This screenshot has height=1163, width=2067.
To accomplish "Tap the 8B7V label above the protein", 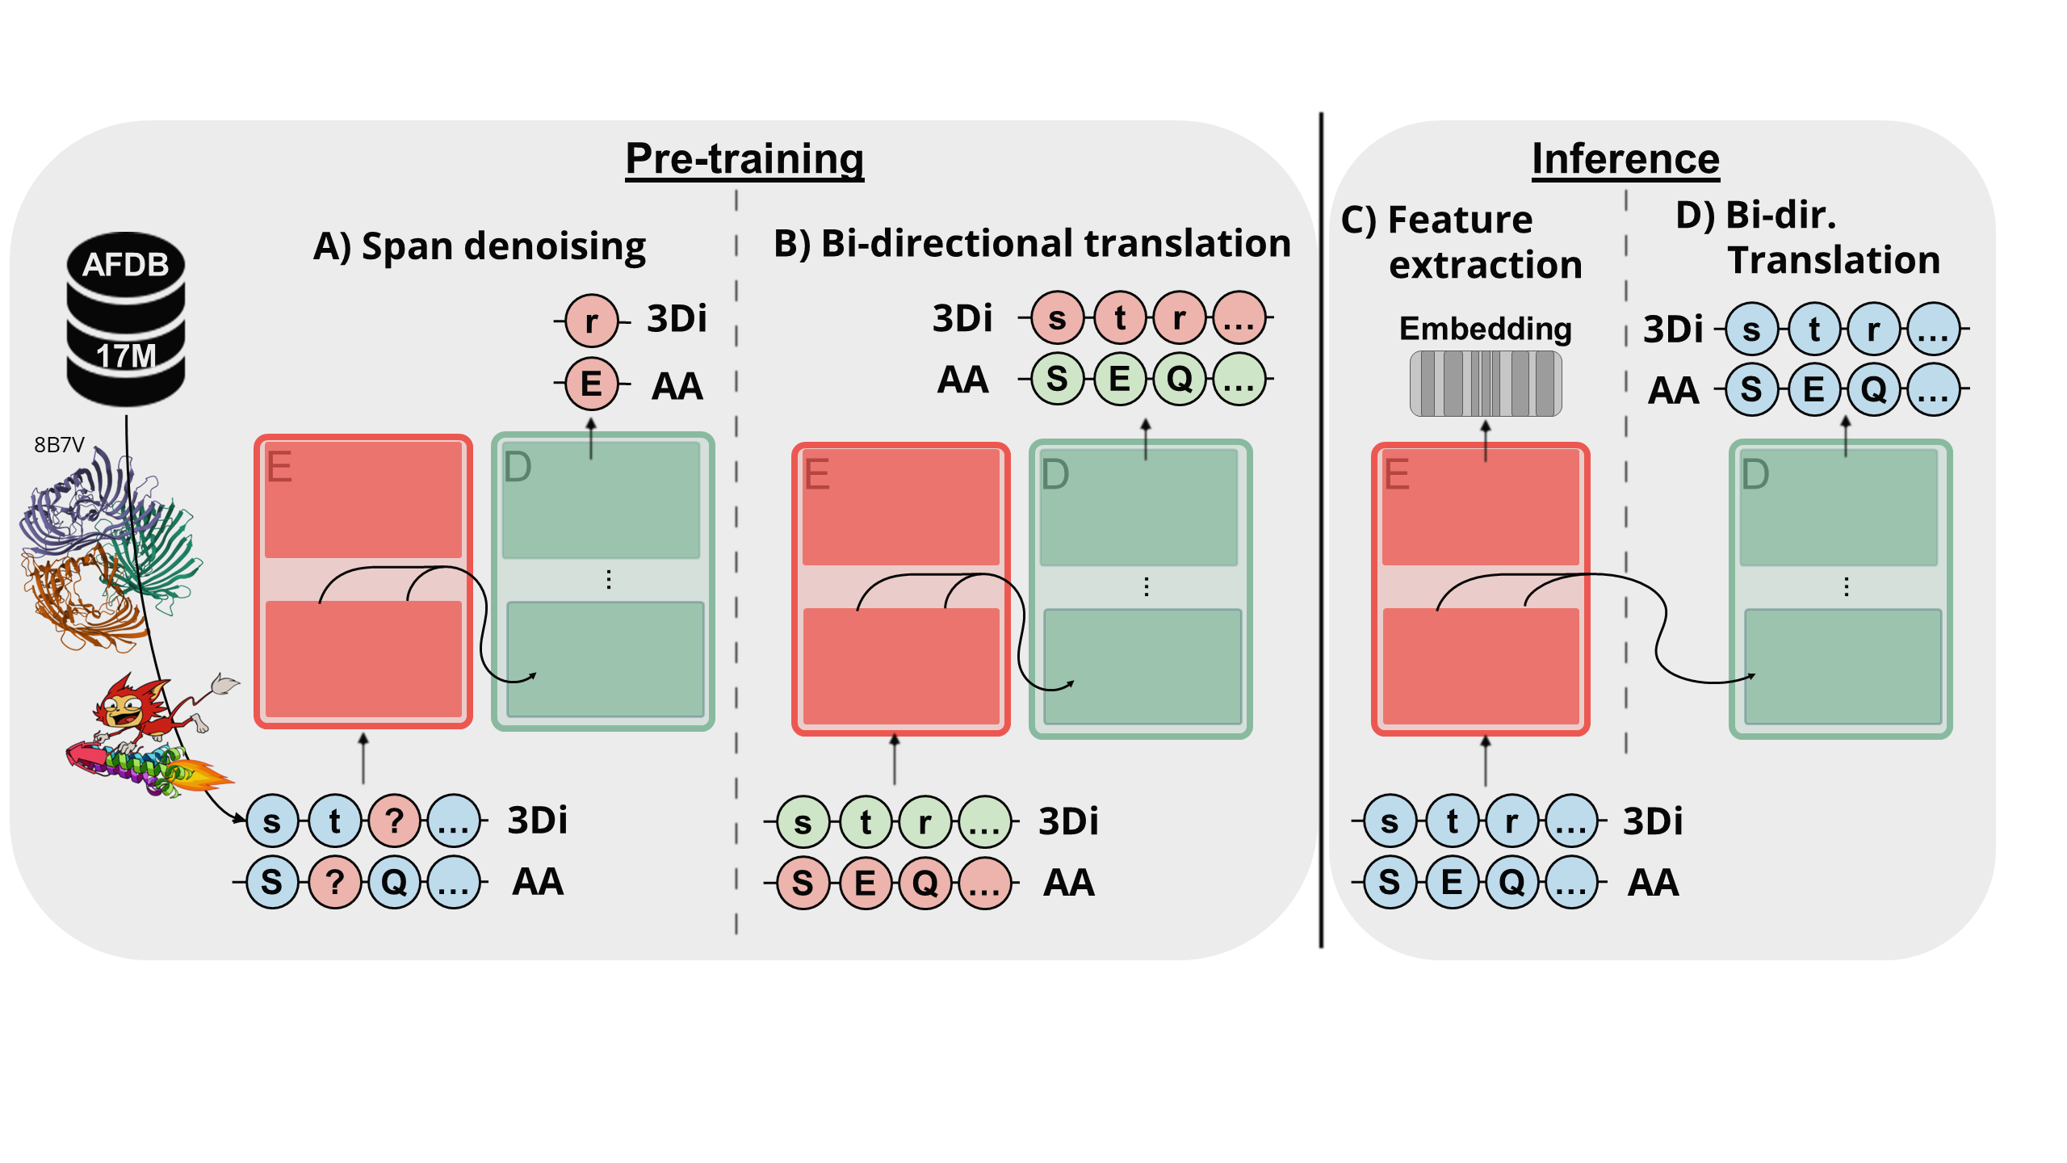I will [x=59, y=445].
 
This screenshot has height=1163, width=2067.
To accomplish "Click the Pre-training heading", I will [x=744, y=158].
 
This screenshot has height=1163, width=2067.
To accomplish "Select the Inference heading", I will [x=1625, y=158].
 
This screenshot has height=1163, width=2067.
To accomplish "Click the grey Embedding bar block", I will [x=1485, y=384].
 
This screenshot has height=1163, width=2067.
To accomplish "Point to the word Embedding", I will [x=1485, y=329].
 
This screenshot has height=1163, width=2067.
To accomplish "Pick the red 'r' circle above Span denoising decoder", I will [x=591, y=321].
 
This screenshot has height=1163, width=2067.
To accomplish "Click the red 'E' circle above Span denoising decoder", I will [x=591, y=384].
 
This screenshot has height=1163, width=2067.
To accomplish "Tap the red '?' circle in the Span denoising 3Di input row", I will [x=394, y=821].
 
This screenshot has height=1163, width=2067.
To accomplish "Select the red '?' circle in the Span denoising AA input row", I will [x=334, y=882].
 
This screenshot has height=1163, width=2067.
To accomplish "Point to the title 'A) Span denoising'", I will [x=480, y=246].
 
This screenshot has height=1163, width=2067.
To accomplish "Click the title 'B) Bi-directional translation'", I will [x=1032, y=243].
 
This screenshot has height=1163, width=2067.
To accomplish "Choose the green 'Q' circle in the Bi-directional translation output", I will [x=1179, y=379].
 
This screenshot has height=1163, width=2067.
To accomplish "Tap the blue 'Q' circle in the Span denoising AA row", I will [x=394, y=882].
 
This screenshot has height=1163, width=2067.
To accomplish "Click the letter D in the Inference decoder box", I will [x=1755, y=474].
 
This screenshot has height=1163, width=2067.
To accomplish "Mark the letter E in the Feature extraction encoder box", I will [x=1397, y=474].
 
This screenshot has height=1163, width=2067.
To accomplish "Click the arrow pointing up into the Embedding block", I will [x=1485, y=441].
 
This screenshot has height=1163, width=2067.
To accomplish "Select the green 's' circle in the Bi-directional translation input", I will [x=803, y=822].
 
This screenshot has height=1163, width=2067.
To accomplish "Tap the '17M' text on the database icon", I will [x=126, y=356].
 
